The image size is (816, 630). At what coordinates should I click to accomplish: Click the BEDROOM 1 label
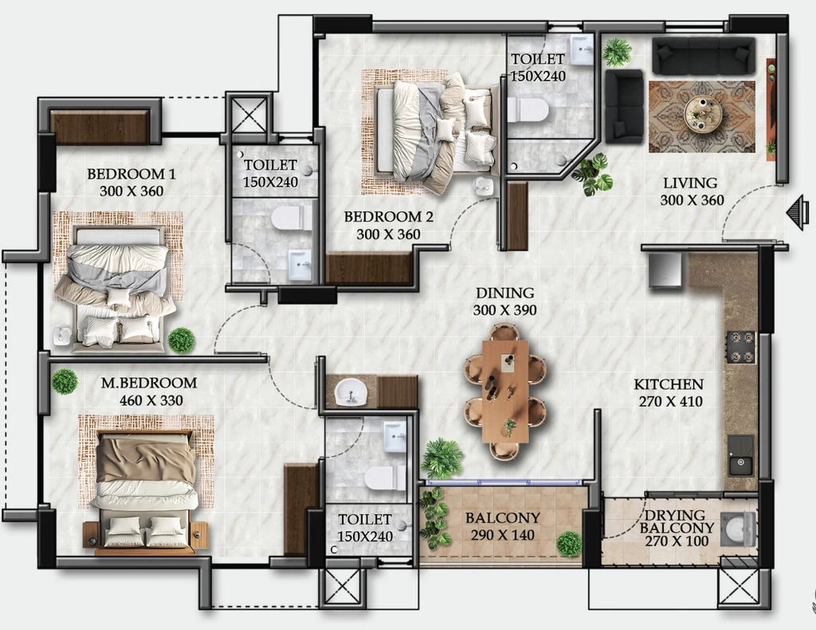click(131, 173)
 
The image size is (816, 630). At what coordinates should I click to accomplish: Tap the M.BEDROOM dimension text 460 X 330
click(151, 400)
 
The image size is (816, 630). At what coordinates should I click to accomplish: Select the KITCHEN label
click(669, 384)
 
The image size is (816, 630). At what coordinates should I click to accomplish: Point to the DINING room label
click(504, 293)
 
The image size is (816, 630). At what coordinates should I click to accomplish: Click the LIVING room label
click(690, 183)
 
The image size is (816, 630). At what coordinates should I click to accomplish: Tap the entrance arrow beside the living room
click(797, 212)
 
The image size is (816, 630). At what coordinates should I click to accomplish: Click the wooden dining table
click(505, 392)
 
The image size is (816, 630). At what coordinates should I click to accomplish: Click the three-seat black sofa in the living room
click(704, 56)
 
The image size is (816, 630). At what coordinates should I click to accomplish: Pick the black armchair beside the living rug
click(624, 106)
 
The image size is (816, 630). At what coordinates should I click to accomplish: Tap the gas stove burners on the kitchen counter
click(741, 347)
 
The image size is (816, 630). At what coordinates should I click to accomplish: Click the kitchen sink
click(740, 455)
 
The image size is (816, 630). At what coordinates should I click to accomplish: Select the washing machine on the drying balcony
click(737, 530)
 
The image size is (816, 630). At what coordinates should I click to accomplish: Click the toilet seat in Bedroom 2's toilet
click(528, 110)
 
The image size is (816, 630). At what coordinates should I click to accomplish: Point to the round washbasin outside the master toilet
click(351, 391)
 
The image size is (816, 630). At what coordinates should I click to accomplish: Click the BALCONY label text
click(502, 518)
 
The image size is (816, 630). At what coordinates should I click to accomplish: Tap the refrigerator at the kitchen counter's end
click(665, 270)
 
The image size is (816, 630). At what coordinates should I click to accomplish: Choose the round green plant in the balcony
click(569, 544)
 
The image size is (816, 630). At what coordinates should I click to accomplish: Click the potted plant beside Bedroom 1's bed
click(181, 340)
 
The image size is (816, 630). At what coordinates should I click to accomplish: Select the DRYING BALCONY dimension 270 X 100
click(677, 541)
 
